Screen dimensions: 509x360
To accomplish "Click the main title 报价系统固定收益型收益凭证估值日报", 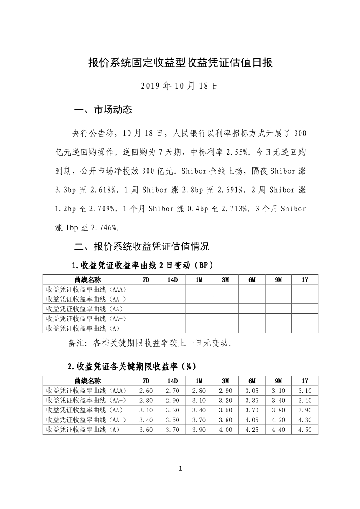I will pos(180,63).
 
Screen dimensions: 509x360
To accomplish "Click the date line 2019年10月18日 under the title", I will pos(180,86).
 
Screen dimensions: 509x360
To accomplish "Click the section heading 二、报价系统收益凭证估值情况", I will pos(141,247).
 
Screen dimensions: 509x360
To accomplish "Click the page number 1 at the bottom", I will pos(180,469).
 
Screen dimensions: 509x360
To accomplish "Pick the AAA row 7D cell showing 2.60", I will pos(146,391).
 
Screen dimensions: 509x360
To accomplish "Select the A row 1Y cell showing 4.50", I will pos(305,430).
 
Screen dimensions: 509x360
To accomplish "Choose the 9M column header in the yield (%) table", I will pos(278,381).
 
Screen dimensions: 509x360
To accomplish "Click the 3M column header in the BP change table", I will pos(225,280).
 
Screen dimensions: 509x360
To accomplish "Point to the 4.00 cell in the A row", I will pos(225,430).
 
